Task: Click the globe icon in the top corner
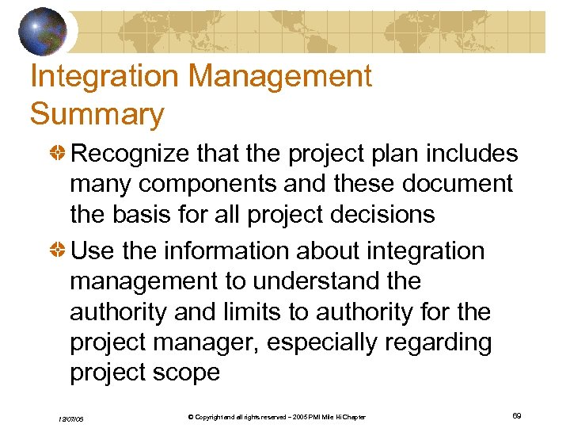pos(43,31)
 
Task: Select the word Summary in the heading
pos(97,114)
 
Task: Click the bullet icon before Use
pos(59,251)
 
